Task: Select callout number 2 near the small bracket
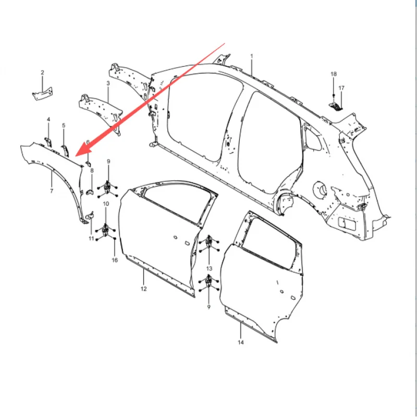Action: [x=43, y=72]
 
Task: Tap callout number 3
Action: [x=108, y=83]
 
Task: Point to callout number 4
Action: [x=48, y=120]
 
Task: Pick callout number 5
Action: [x=64, y=126]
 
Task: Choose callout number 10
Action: [x=106, y=203]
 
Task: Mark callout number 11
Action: [x=91, y=238]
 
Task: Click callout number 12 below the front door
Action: [x=143, y=288]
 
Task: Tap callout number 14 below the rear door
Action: [x=241, y=342]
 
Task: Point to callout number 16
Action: [x=115, y=260]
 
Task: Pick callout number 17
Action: [x=341, y=88]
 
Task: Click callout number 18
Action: [x=334, y=75]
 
